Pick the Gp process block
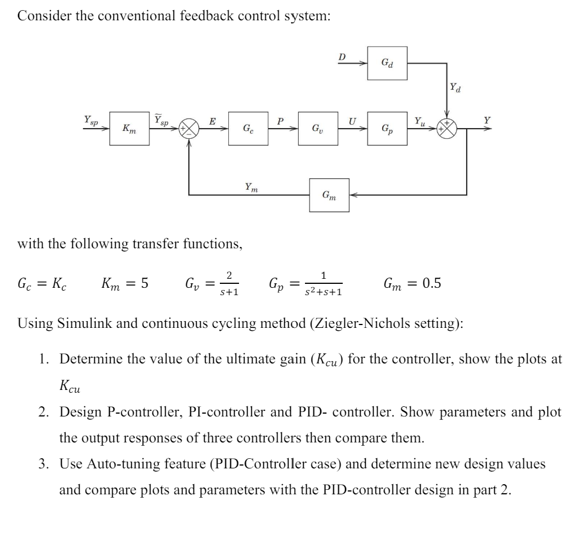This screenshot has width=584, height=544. click(387, 129)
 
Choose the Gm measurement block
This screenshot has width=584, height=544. click(329, 195)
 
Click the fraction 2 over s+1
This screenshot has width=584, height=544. click(228, 284)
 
